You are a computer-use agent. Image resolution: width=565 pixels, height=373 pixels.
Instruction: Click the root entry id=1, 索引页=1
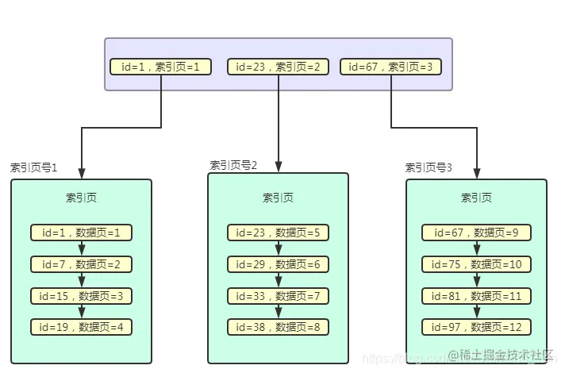click(161, 67)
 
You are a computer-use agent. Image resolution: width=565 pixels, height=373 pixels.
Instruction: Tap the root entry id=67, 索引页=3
click(391, 67)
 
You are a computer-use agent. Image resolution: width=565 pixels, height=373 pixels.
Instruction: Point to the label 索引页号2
click(233, 165)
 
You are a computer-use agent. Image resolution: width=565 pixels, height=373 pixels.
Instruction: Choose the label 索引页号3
click(429, 167)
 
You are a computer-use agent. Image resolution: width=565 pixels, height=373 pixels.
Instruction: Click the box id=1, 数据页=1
click(82, 233)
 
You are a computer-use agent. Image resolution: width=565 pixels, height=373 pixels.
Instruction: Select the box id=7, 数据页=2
click(82, 264)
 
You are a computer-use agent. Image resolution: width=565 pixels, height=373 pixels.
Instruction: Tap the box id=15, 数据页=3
click(82, 296)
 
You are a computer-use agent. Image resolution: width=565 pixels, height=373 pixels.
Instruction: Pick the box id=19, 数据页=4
click(82, 327)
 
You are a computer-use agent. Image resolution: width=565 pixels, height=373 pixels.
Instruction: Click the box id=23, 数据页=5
click(278, 233)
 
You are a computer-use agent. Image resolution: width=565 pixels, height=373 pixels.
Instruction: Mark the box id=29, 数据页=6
click(278, 264)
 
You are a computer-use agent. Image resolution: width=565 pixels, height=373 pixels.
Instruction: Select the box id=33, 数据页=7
click(278, 296)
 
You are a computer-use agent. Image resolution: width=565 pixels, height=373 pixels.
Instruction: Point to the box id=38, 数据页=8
click(278, 327)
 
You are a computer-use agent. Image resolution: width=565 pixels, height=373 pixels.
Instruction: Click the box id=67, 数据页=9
click(476, 233)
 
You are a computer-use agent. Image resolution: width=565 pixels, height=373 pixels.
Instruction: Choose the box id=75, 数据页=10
click(476, 264)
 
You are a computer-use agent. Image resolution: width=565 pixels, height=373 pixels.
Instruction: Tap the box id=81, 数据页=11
click(476, 296)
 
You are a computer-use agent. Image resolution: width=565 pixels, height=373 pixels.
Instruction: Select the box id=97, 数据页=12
click(476, 327)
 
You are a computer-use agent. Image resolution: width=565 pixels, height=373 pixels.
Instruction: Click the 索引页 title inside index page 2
click(278, 198)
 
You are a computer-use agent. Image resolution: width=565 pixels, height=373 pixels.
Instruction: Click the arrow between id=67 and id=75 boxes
click(476, 248)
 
